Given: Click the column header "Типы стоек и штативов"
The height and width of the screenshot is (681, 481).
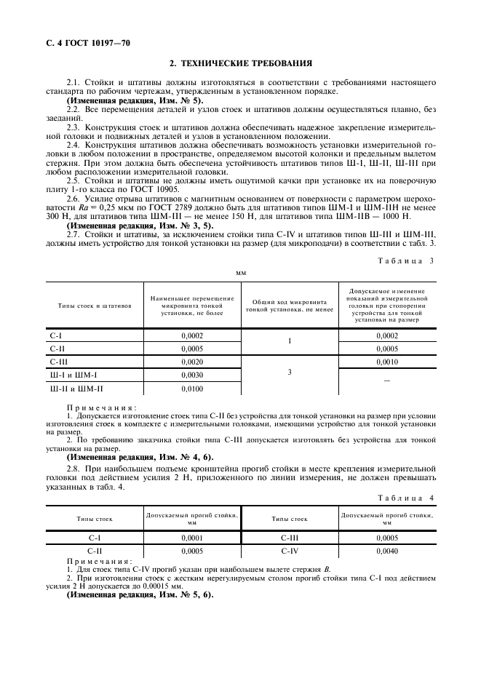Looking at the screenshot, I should tap(95, 306).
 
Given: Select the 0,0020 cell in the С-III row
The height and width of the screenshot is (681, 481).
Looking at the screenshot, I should tap(192, 362).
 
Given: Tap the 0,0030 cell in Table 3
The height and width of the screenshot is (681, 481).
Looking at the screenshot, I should tap(192, 375).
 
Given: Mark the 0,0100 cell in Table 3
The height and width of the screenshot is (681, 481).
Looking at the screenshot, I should tap(192, 389).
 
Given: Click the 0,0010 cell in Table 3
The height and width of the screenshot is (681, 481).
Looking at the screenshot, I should tap(386, 362).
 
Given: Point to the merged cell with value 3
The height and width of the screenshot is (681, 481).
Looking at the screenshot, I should tap(289, 373).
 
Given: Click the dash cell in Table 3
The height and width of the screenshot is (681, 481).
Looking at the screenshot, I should tap(386, 380).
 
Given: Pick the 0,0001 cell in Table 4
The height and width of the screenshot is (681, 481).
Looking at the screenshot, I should tap(192, 538).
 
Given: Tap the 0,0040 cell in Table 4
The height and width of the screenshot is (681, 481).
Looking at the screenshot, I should tap(386, 551).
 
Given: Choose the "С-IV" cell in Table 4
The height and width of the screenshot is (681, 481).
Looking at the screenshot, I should tap(289, 551).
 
